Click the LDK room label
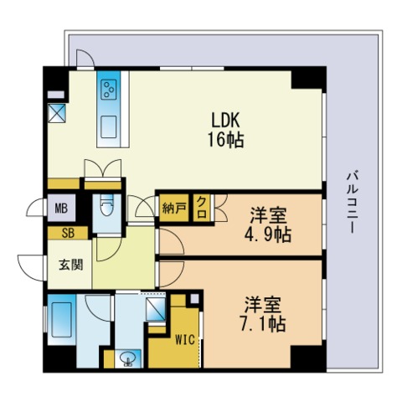(225, 121)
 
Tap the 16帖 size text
(225, 140)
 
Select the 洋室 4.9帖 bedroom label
(268, 225)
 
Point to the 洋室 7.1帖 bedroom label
(263, 314)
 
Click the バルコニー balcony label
(353, 203)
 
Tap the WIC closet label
(185, 340)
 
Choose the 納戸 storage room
(174, 208)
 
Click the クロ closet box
(202, 208)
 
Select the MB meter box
(61, 208)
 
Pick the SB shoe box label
(68, 233)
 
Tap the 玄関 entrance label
(71, 265)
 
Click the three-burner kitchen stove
(109, 90)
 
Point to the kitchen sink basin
(109, 127)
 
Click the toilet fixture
(107, 205)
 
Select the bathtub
(60, 320)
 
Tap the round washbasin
(128, 358)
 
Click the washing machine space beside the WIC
(156, 309)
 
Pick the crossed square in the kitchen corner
(57, 113)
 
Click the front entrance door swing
(31, 267)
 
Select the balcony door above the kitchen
(85, 59)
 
